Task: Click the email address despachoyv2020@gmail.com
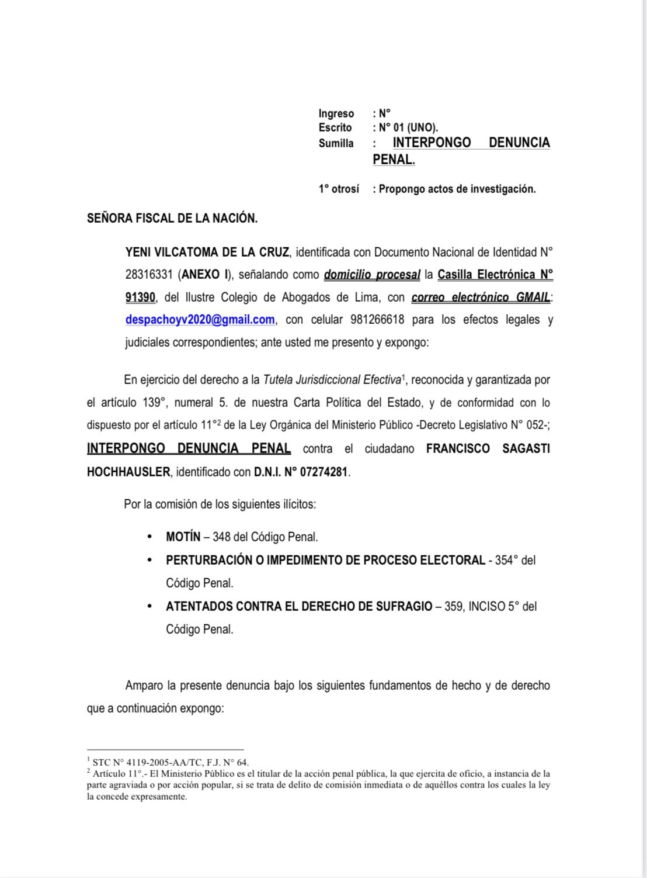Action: point(200,320)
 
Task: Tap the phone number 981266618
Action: point(377,320)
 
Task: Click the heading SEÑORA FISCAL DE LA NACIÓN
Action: point(172,219)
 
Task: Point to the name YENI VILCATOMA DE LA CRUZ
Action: point(207,253)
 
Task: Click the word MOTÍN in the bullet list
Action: point(183,537)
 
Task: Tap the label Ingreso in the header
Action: point(336,113)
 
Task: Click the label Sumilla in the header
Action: point(336,143)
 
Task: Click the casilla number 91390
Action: point(140,298)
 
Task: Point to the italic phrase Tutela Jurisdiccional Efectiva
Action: point(332,380)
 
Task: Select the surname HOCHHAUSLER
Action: point(128,472)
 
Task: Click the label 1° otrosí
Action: point(339,189)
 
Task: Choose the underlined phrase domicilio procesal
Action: point(372,275)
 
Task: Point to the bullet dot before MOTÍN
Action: point(150,537)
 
